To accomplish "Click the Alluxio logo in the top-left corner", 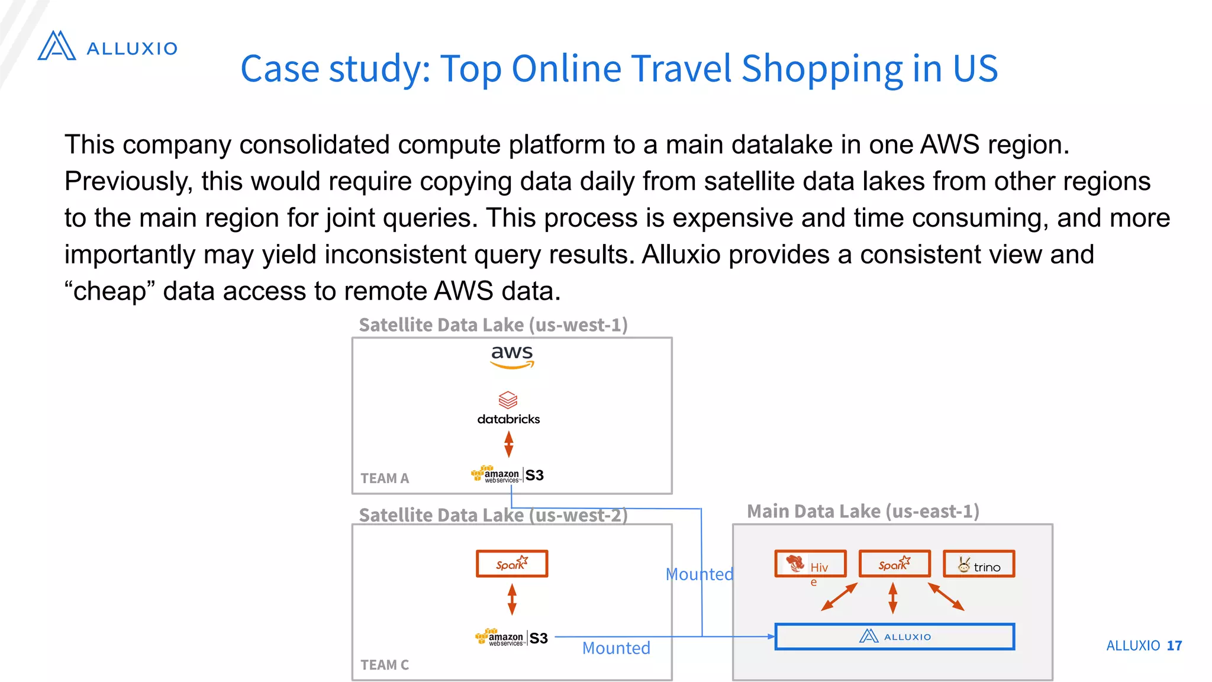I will click(x=107, y=46).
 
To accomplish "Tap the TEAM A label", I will click(x=385, y=478).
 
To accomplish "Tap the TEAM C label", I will click(x=385, y=665).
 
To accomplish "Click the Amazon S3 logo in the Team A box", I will click(x=508, y=475).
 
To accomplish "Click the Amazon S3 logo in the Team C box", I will click(x=512, y=638).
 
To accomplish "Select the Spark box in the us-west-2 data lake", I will click(x=512, y=564).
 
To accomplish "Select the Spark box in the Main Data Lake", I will click(x=894, y=564).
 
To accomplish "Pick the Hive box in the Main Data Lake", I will click(x=810, y=564).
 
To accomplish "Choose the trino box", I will click(x=979, y=564).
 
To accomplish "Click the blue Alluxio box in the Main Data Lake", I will click(x=894, y=636).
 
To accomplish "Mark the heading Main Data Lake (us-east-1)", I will click(x=863, y=511).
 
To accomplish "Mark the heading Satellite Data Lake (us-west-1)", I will click(x=493, y=325).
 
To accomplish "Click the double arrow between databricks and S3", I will click(x=508, y=445).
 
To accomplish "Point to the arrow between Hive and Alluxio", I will click(x=839, y=597).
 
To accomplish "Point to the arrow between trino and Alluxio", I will click(x=946, y=597).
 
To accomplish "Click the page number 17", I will click(x=1174, y=645).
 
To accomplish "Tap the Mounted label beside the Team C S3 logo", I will click(x=616, y=648).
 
